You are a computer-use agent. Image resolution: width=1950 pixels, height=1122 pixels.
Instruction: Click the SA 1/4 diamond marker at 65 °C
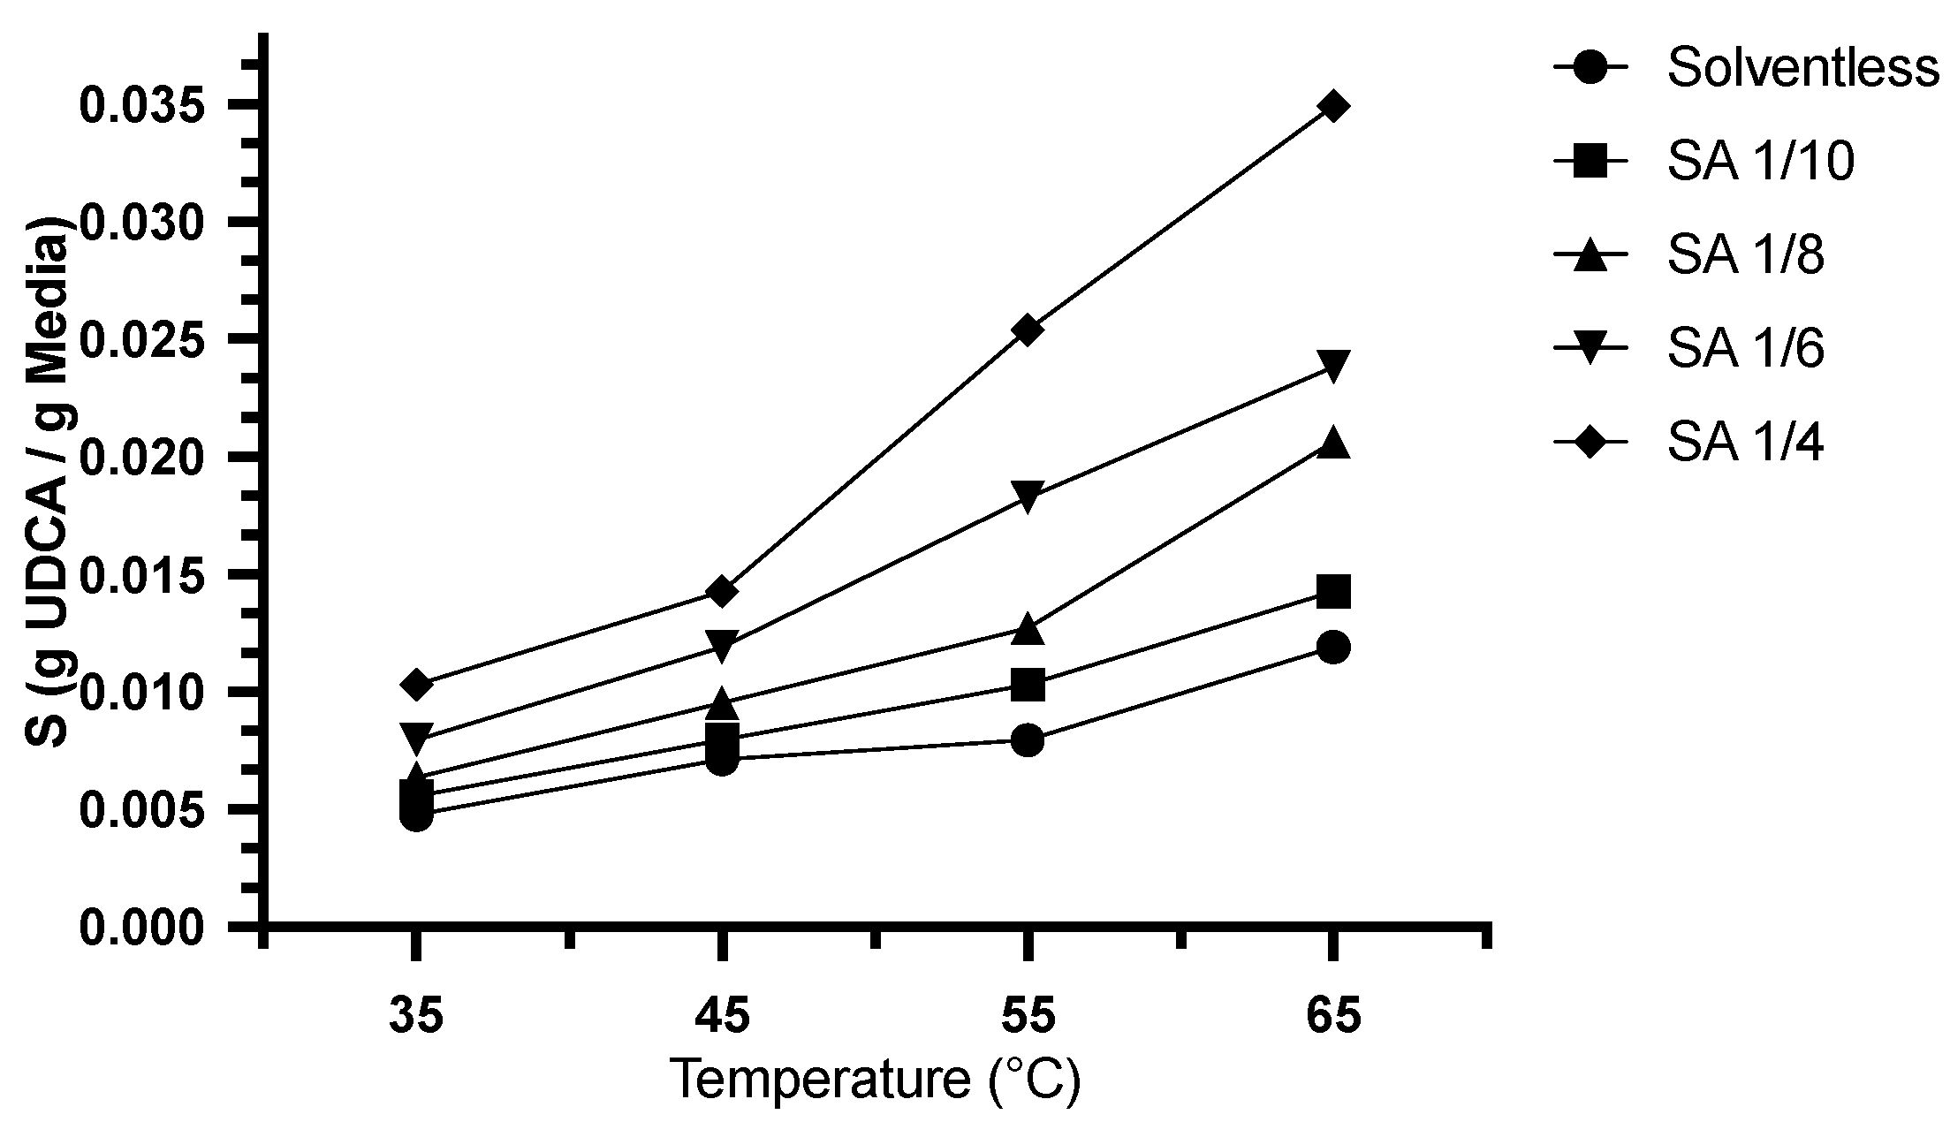1332,107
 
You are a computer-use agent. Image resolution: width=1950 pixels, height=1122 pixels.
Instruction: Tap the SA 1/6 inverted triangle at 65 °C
1332,365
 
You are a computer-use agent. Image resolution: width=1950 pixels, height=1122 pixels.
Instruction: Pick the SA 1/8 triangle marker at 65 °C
1332,443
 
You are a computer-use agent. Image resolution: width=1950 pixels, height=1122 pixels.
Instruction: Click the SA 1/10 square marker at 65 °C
1332,592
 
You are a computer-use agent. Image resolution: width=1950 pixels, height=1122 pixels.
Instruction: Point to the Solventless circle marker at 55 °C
1027,740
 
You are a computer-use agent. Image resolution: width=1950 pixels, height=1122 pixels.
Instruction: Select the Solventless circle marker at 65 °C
1332,648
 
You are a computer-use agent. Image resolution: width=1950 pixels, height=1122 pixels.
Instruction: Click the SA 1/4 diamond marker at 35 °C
416,685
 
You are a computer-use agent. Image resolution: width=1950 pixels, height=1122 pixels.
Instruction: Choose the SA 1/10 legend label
1760,163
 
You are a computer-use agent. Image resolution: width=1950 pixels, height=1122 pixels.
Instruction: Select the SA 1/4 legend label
1745,444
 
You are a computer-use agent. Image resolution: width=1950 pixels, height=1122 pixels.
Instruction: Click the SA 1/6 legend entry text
1745,351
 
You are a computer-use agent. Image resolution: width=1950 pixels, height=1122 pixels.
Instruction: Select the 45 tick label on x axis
722,1017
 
